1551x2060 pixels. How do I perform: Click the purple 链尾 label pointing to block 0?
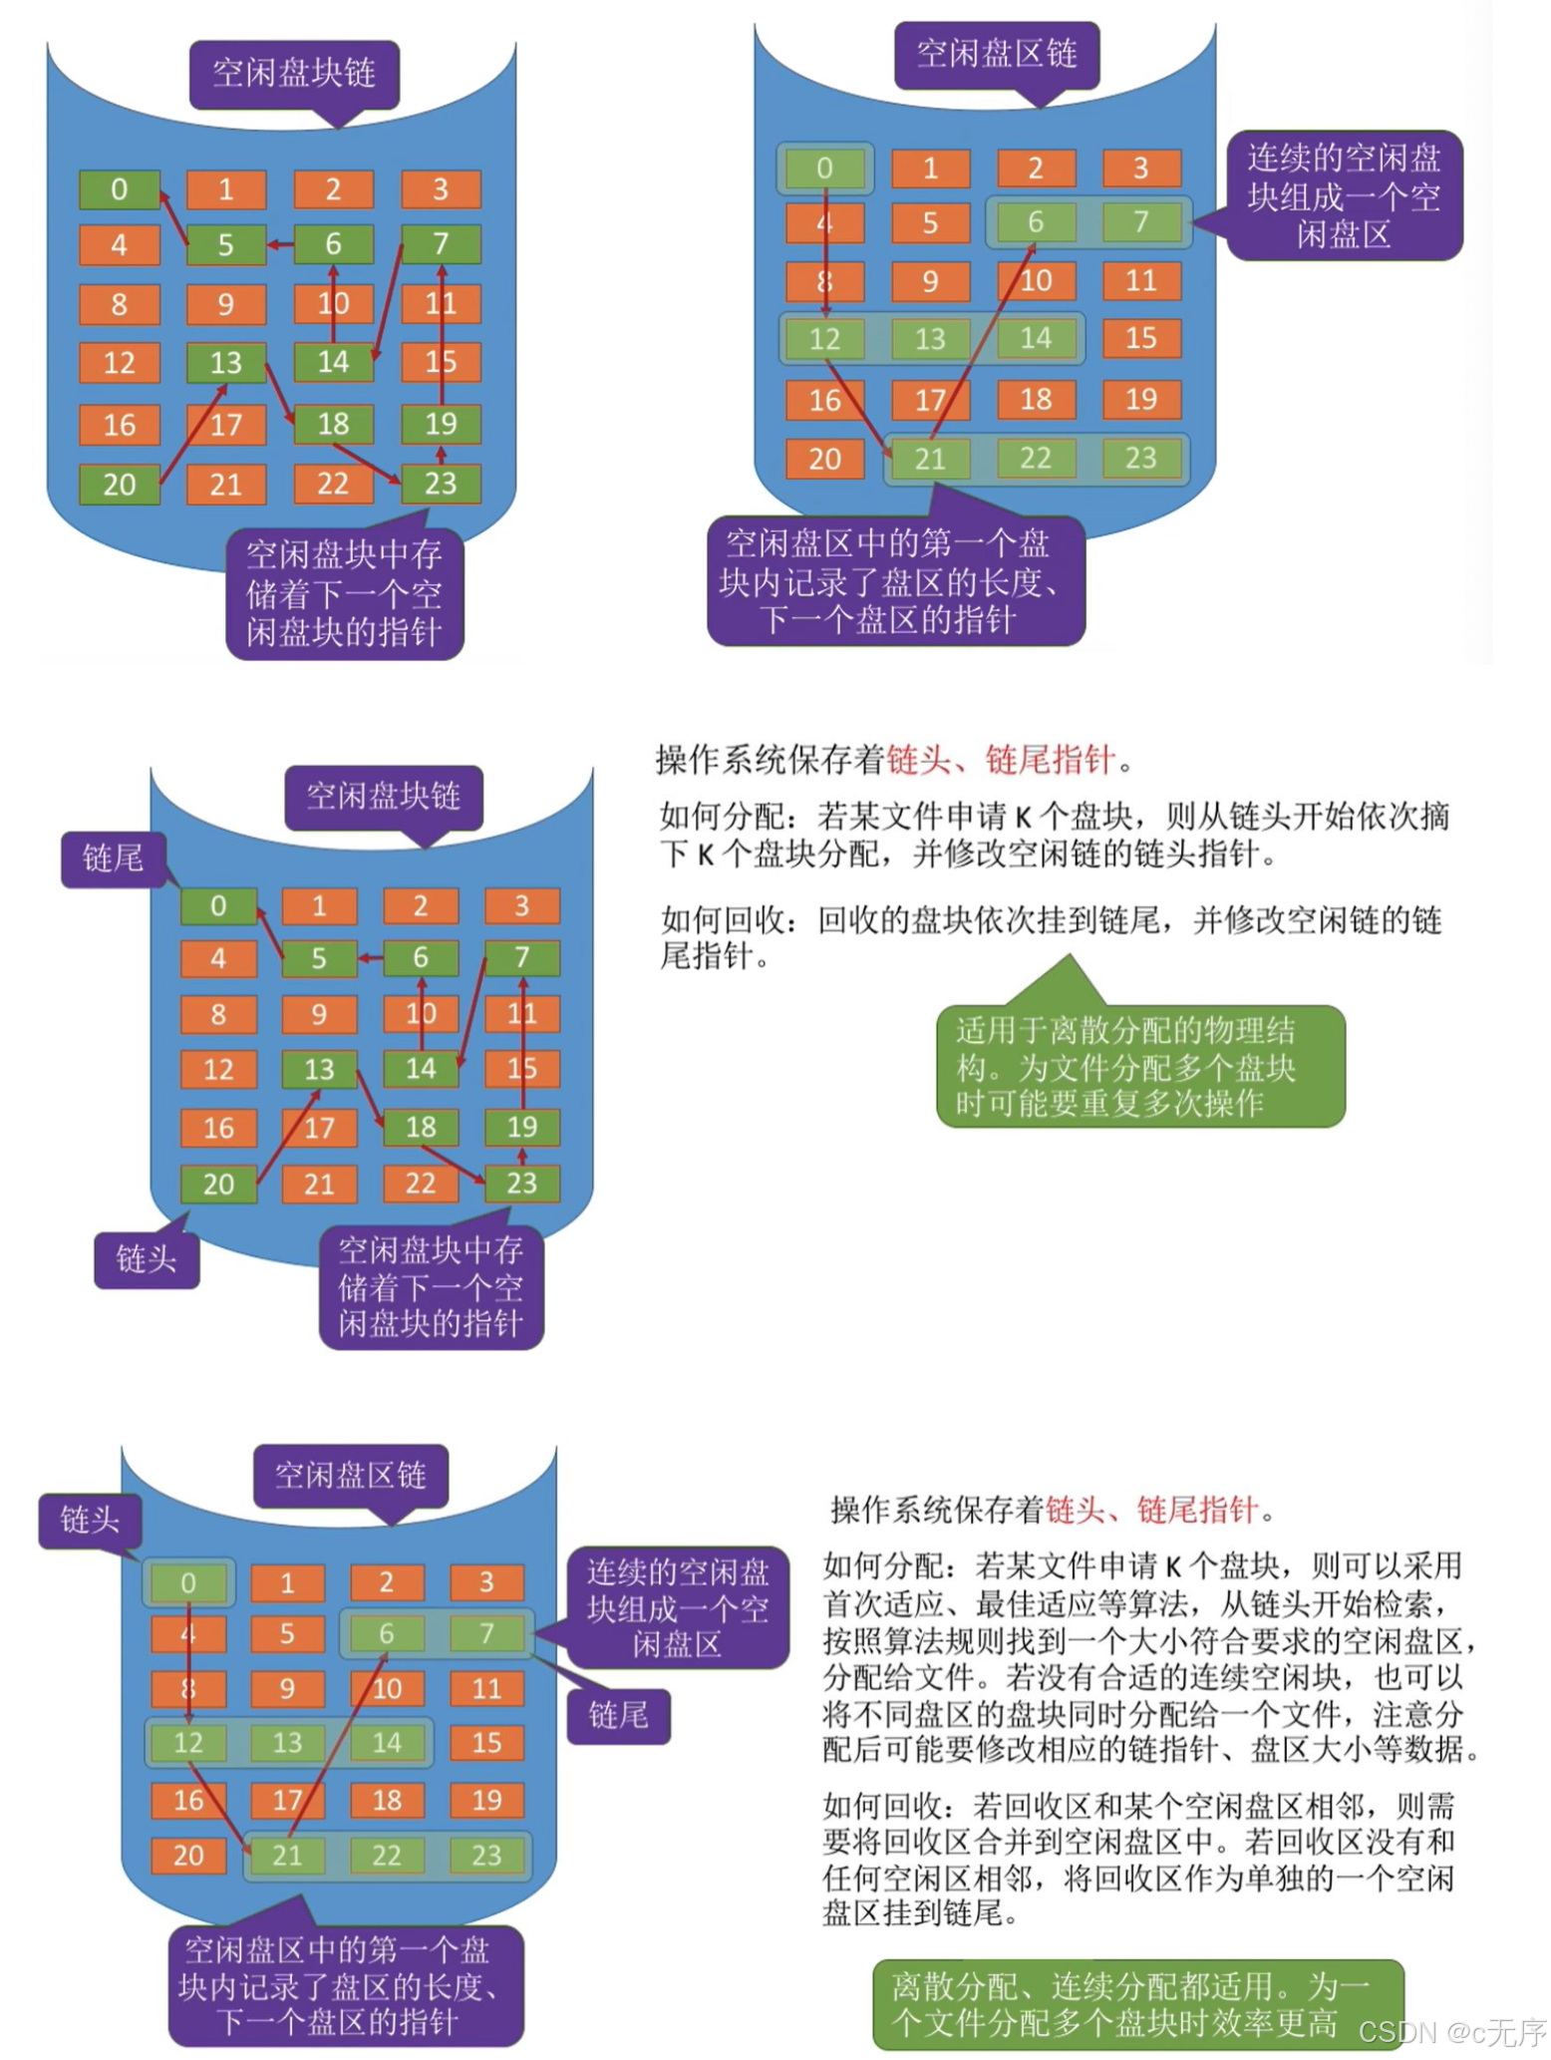[x=113, y=858]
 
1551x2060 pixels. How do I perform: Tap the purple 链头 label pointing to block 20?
[x=146, y=1258]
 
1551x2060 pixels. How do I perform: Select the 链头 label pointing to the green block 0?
[x=90, y=1520]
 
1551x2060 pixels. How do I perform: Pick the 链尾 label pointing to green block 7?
[x=618, y=1715]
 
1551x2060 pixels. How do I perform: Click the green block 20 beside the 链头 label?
[x=218, y=1184]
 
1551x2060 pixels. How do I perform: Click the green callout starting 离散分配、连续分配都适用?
[x=1136, y=2004]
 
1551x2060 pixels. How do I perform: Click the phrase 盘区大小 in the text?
[x=1311, y=1749]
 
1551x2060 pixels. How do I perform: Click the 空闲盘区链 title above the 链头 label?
[x=350, y=1475]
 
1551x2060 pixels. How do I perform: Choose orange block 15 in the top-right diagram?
[x=1141, y=338]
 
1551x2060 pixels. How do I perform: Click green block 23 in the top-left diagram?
[x=440, y=484]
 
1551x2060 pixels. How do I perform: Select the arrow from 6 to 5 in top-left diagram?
[x=280, y=244]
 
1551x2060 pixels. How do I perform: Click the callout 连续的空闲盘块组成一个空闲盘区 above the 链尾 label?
[x=677, y=1606]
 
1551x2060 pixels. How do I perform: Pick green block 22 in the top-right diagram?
[x=1036, y=459]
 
